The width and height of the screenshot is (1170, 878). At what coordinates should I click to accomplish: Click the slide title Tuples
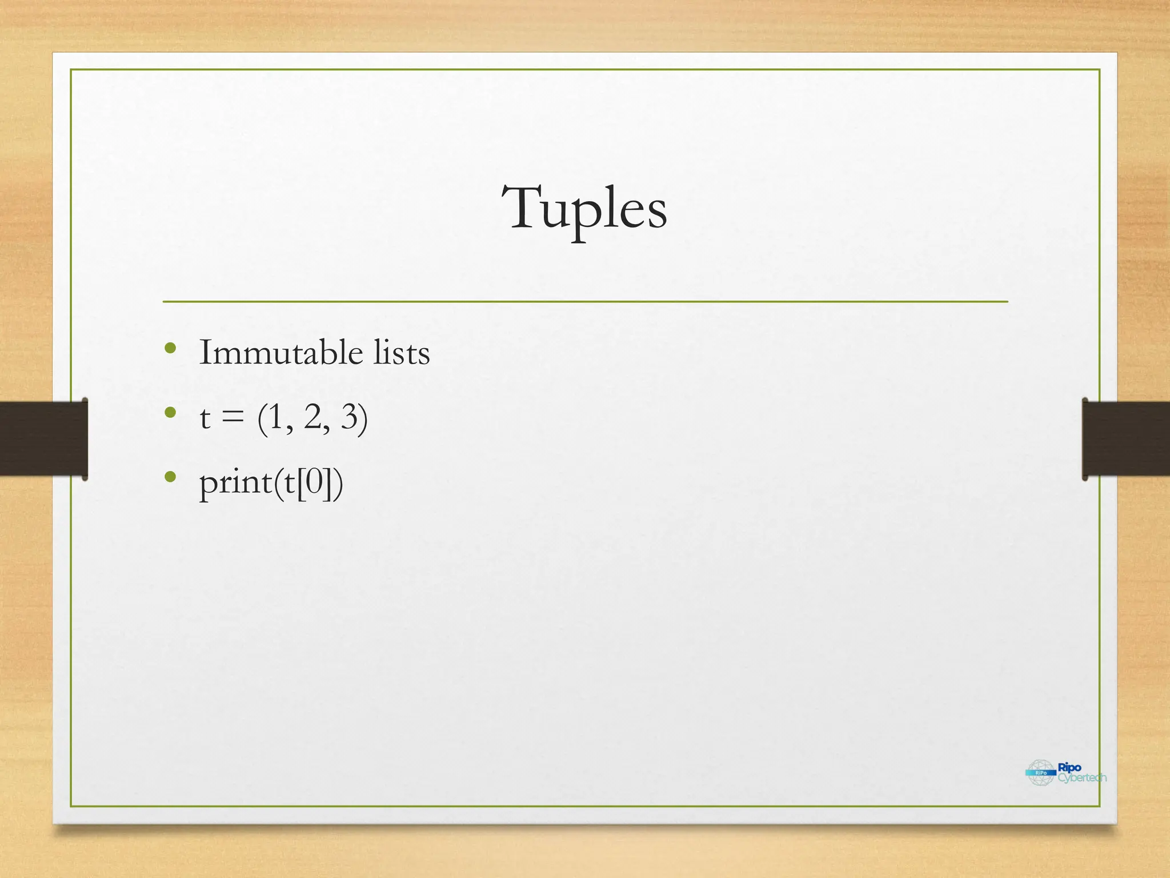[x=584, y=208]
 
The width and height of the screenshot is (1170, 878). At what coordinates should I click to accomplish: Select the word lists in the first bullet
[x=401, y=352]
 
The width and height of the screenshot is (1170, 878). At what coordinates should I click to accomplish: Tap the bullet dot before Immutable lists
[x=170, y=348]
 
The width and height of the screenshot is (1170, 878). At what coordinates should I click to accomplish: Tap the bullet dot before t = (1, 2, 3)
[x=170, y=413]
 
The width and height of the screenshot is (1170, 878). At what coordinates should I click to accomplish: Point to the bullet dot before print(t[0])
[x=170, y=477]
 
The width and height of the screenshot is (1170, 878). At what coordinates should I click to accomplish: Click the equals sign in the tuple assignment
[x=233, y=418]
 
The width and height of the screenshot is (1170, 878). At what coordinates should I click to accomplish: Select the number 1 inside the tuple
[x=277, y=417]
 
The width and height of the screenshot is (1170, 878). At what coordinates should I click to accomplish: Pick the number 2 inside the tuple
[x=313, y=417]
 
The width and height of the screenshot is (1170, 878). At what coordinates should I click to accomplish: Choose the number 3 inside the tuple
[x=350, y=417]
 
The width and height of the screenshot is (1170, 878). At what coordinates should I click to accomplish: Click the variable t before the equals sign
[x=205, y=418]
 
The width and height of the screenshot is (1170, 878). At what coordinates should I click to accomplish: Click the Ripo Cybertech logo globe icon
[x=1041, y=773]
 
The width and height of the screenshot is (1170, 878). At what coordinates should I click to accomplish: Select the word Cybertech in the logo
[x=1081, y=778]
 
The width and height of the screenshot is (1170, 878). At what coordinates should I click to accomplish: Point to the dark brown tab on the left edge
[x=43, y=438]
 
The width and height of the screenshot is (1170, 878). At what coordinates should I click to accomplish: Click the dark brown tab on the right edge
[x=1126, y=438]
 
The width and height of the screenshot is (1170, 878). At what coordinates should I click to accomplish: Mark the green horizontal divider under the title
[x=585, y=301]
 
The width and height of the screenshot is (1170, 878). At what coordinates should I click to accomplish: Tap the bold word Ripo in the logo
[x=1069, y=768]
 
